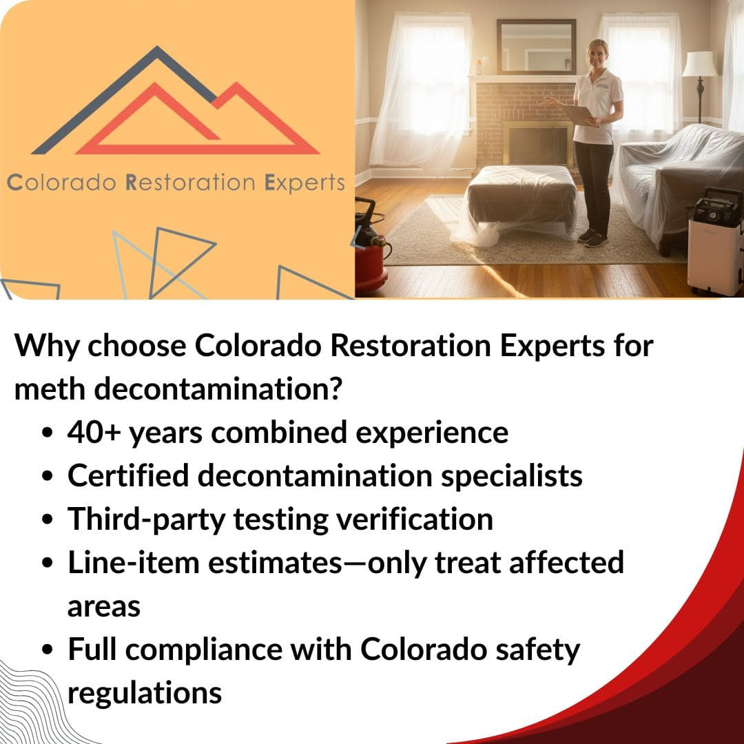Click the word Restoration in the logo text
coord(190,183)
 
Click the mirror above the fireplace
coord(536,47)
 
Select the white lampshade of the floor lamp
coord(699,63)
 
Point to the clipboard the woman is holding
coord(578,115)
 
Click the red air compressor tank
coord(371,262)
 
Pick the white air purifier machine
coord(714,241)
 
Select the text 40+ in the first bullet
coord(94,432)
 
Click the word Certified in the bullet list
coord(128,475)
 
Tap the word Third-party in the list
coord(146,520)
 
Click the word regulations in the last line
coord(145,694)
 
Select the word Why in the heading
coord(47,347)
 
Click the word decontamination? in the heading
coord(217,389)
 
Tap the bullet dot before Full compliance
coord(47,650)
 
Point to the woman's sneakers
coord(593,237)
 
